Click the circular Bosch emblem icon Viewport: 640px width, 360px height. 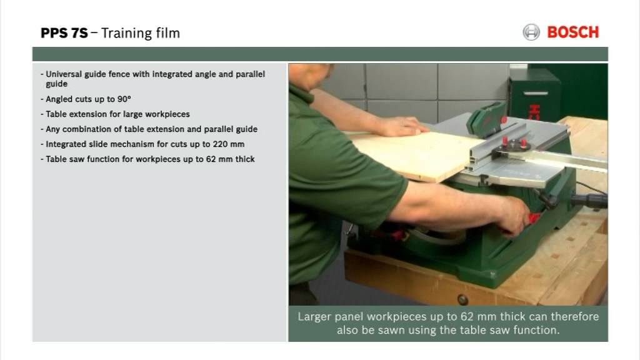[531, 32]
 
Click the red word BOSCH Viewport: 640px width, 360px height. [572, 32]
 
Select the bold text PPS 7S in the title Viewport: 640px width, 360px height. [64, 33]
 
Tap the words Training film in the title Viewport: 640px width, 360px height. [140, 33]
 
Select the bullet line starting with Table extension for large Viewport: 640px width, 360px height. [117, 114]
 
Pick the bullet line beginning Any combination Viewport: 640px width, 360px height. [151, 129]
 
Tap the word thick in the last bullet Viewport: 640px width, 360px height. [243, 159]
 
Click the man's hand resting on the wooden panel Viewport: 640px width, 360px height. [403, 126]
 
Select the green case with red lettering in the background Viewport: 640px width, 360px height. [534, 94]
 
